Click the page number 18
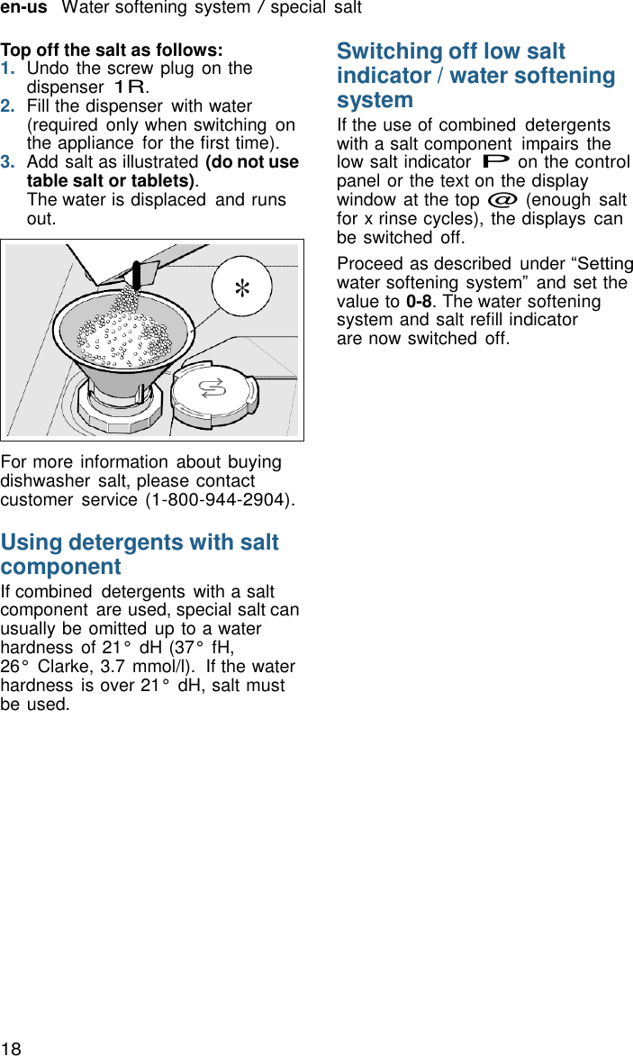[11, 1047]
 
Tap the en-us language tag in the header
[23, 8]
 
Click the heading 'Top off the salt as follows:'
[112, 50]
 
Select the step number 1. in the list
[8, 68]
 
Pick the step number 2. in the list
[8, 106]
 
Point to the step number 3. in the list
[8, 162]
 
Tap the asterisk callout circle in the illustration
[242, 288]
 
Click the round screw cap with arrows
[213, 389]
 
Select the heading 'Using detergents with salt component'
[140, 554]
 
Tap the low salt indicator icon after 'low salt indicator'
[496, 162]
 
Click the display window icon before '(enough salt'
[502, 200]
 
